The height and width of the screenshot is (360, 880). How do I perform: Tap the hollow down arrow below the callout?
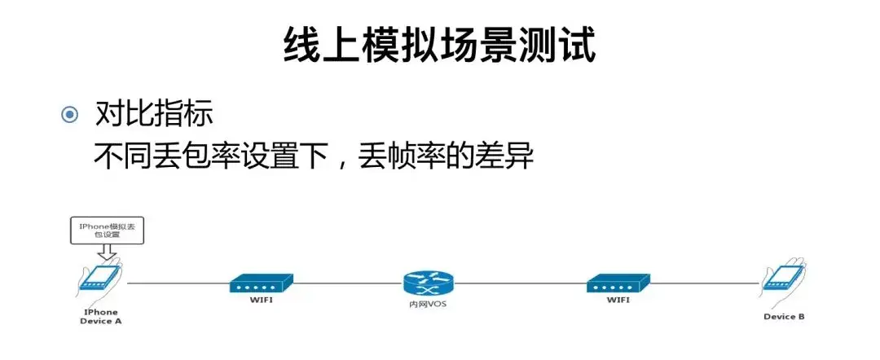coord(108,254)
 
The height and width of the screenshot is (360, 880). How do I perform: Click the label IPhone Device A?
coord(100,316)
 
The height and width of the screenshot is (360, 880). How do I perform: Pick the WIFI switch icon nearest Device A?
coord(261,283)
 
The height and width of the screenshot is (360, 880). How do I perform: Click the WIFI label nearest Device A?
coord(261,301)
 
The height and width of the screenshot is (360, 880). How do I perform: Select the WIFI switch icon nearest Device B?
coord(618,283)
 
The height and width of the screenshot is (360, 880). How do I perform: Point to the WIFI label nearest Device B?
coord(618,301)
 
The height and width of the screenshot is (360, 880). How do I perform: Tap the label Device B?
coord(784,316)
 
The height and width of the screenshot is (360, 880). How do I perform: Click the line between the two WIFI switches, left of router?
coord(346,284)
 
